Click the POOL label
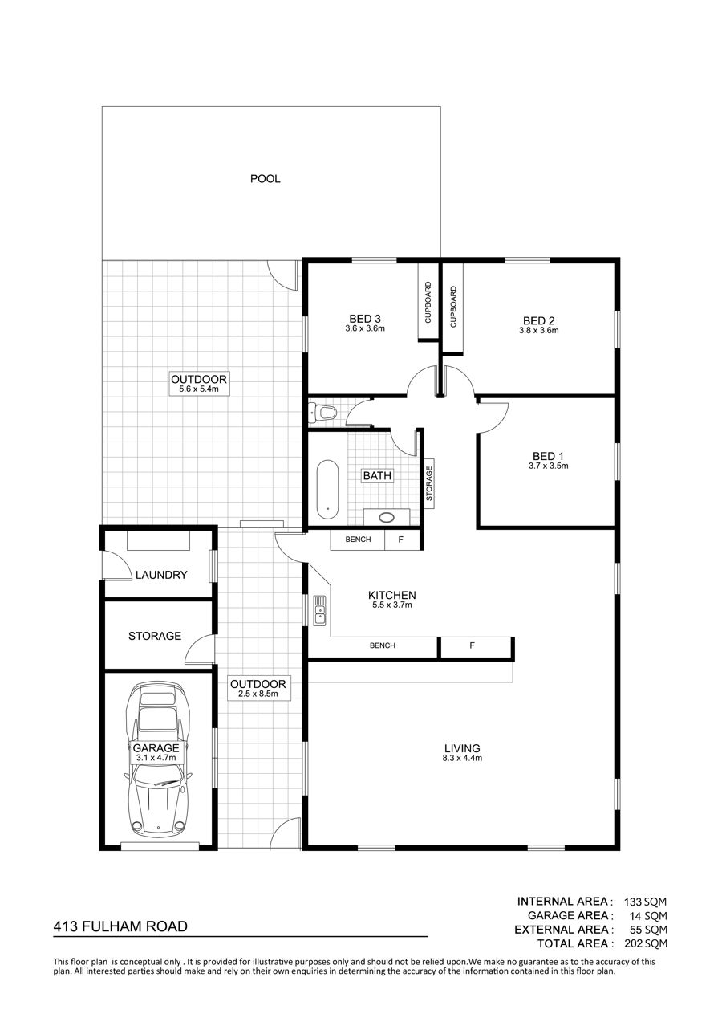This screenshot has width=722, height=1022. pos(265,178)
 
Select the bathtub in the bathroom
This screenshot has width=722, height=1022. pos(327,489)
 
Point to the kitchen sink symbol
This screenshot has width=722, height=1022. pos(319,610)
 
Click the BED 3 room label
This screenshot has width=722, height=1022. pos(365,319)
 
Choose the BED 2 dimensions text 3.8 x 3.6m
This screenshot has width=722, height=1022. pos(538,330)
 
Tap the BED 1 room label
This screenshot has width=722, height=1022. pos(548,456)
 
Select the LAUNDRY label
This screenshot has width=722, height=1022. pos(161,575)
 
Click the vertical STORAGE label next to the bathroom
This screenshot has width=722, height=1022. pos(429,483)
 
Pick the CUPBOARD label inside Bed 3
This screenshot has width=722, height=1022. pos(428,302)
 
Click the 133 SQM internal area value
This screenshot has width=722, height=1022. pos(645,902)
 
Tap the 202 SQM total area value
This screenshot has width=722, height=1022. pos(646,943)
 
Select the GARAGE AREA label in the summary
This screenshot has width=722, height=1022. pos(567,915)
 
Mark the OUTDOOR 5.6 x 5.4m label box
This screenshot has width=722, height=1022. pos(199,383)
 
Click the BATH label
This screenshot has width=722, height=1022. pos(377,476)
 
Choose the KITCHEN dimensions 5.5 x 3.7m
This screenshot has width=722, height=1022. pos(392,605)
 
